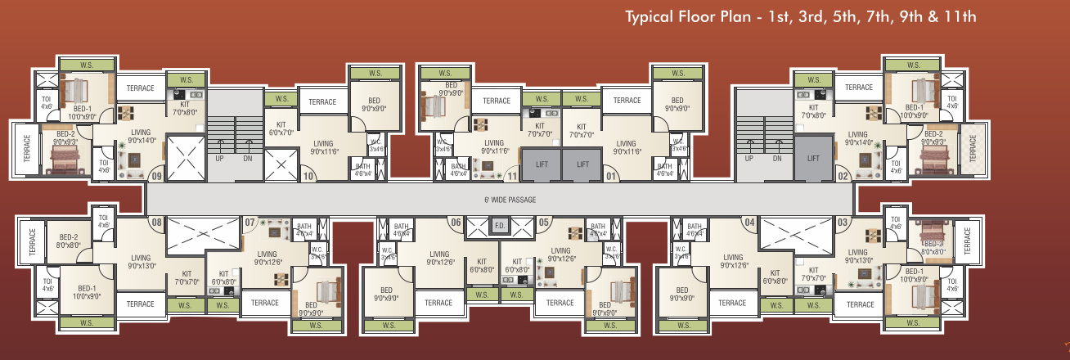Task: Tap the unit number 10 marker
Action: tap(309, 175)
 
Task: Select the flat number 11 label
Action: tap(512, 175)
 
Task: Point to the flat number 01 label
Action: tap(609, 175)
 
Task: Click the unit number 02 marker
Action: tap(843, 174)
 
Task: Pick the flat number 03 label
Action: tap(843, 222)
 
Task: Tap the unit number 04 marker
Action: tap(748, 222)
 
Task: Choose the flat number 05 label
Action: tap(544, 222)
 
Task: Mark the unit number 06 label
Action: tap(456, 222)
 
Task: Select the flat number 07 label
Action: tap(250, 222)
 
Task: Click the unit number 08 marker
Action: tap(156, 222)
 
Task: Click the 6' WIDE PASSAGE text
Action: tap(499, 199)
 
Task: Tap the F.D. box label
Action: tap(499, 226)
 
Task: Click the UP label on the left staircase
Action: tap(220, 159)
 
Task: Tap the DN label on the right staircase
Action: tap(777, 159)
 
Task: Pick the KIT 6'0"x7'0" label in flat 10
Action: tap(276, 128)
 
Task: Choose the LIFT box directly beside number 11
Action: tap(542, 164)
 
